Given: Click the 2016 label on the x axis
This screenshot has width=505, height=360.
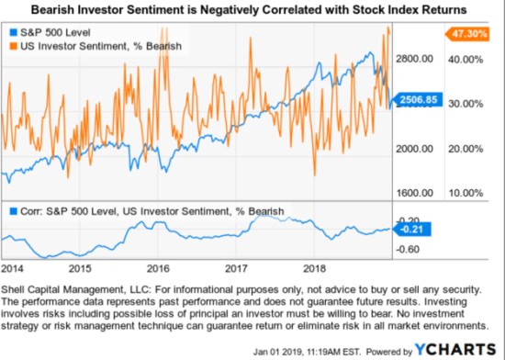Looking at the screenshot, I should [x=159, y=269].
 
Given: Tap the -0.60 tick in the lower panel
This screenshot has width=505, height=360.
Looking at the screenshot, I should [x=408, y=248].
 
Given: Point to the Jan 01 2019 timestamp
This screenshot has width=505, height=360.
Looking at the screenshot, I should [x=301, y=351].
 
